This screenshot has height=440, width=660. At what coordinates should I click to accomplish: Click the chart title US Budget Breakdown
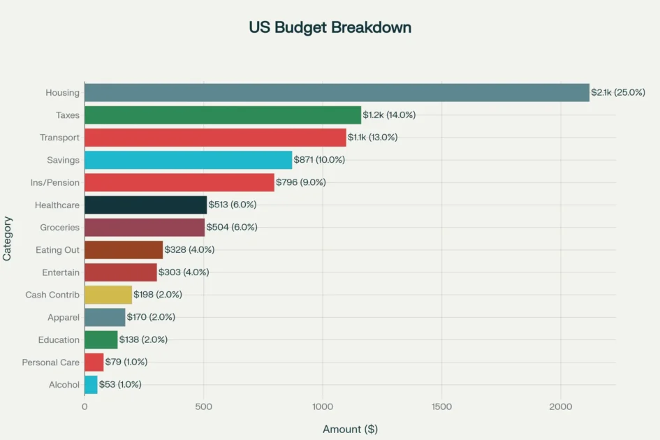pos(330,28)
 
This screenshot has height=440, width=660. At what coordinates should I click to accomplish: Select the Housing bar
pos(337,93)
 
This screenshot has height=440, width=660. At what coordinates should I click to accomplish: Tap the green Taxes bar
pos(223,115)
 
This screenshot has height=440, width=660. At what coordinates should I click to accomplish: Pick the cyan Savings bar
pos(188,160)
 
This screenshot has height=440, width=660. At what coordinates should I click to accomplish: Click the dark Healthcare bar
pos(145,205)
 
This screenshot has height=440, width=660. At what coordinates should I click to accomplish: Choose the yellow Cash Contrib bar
pos(108,295)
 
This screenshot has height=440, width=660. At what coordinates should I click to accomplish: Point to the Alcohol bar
pos(91,384)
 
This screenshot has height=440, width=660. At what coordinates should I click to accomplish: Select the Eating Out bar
pos(124,250)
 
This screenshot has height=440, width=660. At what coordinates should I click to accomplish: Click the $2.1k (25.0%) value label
pos(618,93)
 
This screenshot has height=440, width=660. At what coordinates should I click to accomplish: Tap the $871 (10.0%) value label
pos(319,160)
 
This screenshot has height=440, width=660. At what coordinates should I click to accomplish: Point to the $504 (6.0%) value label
pos(232,228)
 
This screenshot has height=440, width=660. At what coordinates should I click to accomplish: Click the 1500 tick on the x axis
pos(441,407)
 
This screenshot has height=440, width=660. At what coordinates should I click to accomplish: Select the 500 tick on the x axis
pos(204,407)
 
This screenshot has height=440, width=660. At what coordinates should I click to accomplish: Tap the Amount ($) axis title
pos(350,429)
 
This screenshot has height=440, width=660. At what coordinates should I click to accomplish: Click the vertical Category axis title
pos(8,238)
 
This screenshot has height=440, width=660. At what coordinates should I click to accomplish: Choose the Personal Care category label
pos(51,362)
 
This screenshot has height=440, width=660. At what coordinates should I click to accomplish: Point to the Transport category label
pos(59,138)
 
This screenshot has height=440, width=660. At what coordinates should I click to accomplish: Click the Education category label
pos(59,340)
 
